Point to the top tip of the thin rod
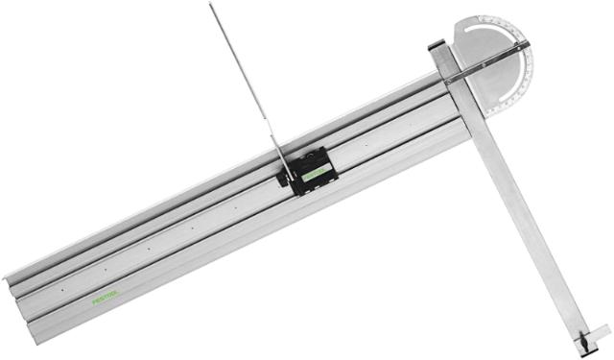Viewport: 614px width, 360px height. point(211,5)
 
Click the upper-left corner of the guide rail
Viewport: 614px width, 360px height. point(8,276)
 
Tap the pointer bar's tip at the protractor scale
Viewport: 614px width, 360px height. point(526,43)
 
